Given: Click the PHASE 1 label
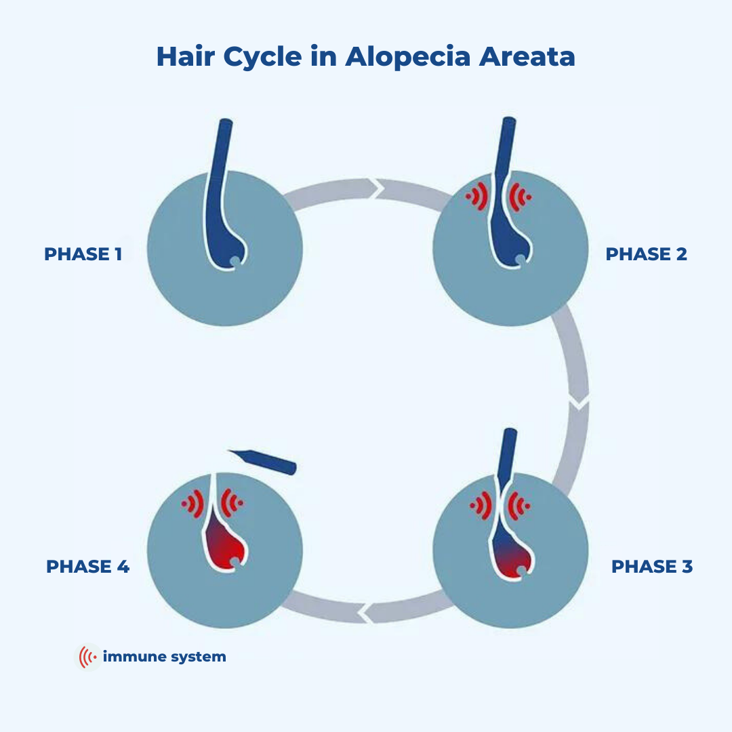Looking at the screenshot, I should pos(83,254).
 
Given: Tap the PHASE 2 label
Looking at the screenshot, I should pos(646,254).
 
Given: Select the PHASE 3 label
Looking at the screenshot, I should pos(652,567).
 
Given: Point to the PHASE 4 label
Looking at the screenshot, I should pos(87,567).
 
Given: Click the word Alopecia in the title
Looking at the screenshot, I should pos(407,57).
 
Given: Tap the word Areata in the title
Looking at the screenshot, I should pos(527,57).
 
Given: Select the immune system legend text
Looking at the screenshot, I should pos(164,657).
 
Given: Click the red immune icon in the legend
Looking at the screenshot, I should pos(87,657).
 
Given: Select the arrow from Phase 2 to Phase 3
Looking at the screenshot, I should pos(573,380).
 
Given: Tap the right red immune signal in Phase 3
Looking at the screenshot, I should pos(520,505).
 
